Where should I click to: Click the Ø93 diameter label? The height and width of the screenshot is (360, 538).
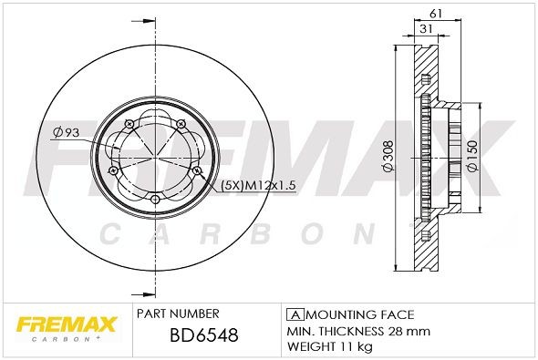click(66, 133)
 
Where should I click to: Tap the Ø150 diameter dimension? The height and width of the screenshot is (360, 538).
click(471, 156)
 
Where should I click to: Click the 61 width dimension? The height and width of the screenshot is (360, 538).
click(435, 14)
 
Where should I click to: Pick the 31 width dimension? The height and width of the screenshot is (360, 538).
click(426, 29)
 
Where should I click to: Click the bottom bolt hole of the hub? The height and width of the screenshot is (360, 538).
click(155, 199)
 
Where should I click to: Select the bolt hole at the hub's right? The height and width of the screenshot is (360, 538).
click(197, 170)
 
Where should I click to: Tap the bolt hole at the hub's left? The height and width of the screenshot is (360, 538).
click(112, 170)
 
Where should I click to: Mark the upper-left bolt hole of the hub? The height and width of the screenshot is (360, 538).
click(129, 123)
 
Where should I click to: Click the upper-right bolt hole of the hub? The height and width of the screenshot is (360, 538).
click(181, 123)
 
